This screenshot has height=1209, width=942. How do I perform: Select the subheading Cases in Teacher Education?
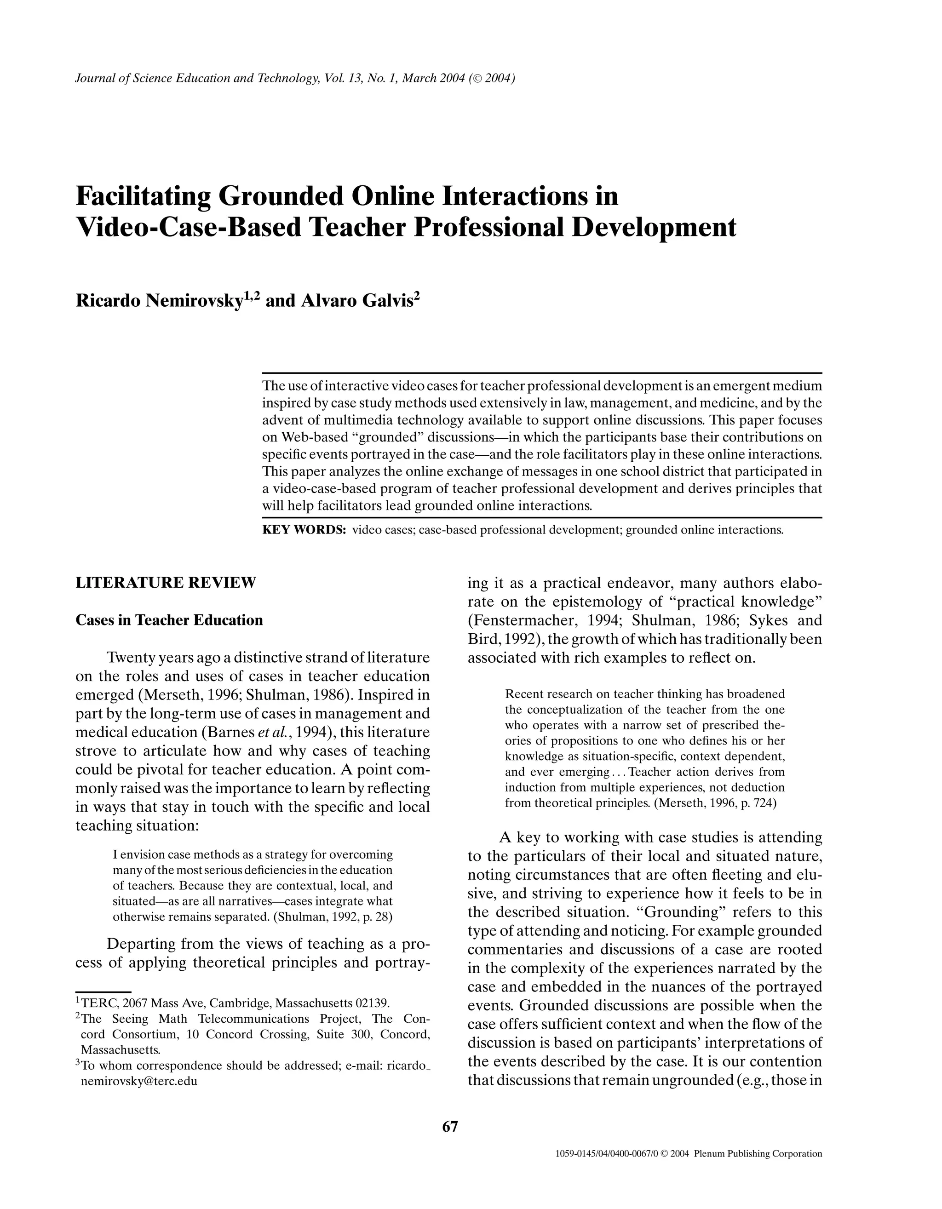point(169,620)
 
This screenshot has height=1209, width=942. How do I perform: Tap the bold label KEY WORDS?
point(304,530)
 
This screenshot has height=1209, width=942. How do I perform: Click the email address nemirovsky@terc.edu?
point(139,1081)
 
